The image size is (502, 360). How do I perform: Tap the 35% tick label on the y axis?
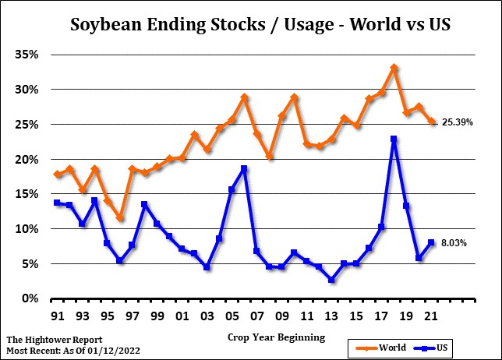tap(28, 55)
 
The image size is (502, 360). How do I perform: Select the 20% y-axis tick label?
tap(28, 159)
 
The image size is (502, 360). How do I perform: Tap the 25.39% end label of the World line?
tap(458, 122)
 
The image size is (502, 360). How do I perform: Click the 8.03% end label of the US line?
tap(455, 243)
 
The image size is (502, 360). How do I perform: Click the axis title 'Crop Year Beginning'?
tap(277, 337)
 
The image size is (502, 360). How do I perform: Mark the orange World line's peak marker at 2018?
tap(394, 69)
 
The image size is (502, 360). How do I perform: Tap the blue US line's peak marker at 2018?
tap(394, 139)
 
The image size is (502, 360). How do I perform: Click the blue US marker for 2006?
tap(244, 168)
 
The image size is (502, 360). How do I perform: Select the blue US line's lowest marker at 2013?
tap(332, 280)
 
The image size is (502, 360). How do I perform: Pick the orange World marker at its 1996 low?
tap(119, 218)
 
